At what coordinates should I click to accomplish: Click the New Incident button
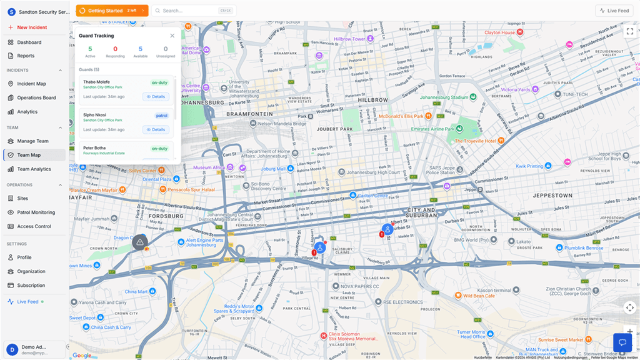click(31, 27)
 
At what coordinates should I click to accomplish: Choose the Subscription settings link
click(31, 286)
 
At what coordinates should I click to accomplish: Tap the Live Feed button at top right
click(614, 11)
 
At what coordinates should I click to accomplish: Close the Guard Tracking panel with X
click(172, 36)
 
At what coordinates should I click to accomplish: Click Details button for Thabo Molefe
click(156, 97)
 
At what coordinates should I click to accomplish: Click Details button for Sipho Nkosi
click(156, 129)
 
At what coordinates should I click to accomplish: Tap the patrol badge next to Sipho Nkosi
click(162, 116)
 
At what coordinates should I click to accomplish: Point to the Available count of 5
click(140, 49)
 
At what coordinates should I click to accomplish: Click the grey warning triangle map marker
click(141, 242)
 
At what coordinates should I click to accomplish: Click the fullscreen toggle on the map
click(629, 31)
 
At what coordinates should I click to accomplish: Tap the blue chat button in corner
click(622, 342)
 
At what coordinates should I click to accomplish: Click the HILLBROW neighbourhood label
click(373, 100)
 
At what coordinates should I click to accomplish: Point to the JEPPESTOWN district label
click(552, 196)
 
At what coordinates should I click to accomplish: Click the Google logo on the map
click(81, 355)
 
